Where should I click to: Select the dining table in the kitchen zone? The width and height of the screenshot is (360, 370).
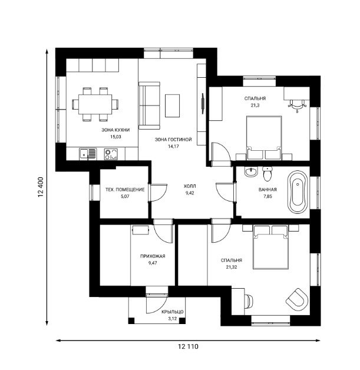94,104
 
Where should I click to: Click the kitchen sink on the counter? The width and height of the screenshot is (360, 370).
88,154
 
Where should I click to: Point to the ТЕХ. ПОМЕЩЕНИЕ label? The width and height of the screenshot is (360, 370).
124,190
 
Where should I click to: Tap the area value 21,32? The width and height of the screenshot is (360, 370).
231,267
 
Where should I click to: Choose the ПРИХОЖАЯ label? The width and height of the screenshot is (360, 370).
153,256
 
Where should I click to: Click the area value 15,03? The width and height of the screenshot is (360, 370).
115,137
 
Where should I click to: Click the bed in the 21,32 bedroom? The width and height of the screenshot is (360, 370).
270,247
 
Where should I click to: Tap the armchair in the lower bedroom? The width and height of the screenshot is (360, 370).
297,298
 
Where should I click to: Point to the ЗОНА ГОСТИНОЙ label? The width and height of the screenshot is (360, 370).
173,140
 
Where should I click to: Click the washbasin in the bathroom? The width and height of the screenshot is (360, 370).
250,173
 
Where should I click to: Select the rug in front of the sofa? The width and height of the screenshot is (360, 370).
173,105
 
